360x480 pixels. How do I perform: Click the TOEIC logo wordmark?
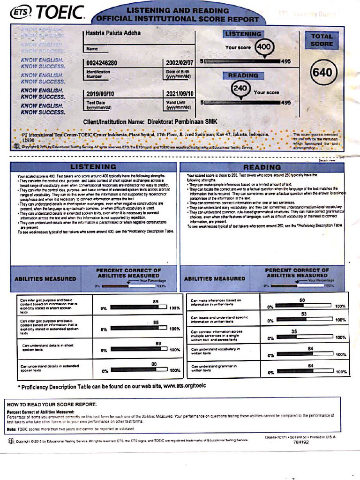click(x=60, y=12)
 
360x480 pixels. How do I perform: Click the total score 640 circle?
click(x=321, y=73)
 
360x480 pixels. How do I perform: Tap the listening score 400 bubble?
click(x=264, y=47)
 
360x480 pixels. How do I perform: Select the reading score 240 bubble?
click(x=240, y=89)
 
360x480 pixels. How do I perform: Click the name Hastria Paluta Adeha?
click(x=113, y=33)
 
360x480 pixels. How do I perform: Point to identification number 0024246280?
click(x=102, y=63)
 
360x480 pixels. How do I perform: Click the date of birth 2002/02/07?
click(x=179, y=63)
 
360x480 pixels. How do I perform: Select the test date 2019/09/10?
click(x=100, y=94)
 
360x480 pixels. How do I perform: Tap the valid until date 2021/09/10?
click(x=179, y=94)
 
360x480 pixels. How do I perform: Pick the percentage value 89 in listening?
click(x=158, y=344)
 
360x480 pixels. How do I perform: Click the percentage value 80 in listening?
click(x=154, y=364)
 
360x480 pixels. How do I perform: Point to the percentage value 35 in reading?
click(x=294, y=331)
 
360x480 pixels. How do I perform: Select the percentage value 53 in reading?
click(x=304, y=314)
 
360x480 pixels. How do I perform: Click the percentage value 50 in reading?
click(x=302, y=300)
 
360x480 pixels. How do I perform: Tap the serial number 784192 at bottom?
click(x=301, y=442)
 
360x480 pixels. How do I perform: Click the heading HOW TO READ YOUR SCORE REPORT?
click(x=52, y=404)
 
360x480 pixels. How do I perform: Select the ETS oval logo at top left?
click(x=21, y=12)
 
